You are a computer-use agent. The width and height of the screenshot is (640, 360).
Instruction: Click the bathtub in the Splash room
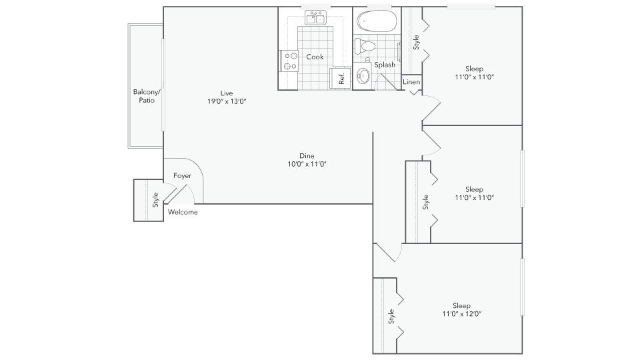(x=377, y=21)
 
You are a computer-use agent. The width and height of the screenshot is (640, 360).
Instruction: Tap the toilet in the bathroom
(x=365, y=46)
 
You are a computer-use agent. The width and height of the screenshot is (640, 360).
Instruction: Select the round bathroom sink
(x=363, y=75)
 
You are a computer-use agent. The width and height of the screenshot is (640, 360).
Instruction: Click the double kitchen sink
(x=316, y=17)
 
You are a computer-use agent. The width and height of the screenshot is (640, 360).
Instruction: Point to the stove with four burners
(x=289, y=61)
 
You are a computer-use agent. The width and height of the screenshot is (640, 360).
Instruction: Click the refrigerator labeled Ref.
(x=340, y=78)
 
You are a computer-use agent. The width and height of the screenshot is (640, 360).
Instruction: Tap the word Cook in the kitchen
(x=315, y=57)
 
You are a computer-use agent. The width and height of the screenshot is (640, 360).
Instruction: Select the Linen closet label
(x=411, y=81)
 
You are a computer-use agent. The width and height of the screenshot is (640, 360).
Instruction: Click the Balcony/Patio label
(x=147, y=96)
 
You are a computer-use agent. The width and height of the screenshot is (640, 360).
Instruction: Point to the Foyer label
(x=182, y=175)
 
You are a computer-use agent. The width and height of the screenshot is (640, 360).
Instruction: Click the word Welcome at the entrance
(x=183, y=212)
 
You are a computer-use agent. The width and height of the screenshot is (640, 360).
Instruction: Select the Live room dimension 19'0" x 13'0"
(x=227, y=101)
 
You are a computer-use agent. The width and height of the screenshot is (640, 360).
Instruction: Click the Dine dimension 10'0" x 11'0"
(x=307, y=164)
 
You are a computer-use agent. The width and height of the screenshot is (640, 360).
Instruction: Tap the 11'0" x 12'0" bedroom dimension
(x=461, y=314)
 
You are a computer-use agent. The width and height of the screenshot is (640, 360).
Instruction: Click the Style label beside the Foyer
(x=155, y=199)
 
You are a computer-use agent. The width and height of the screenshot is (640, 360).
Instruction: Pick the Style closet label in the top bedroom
(x=416, y=43)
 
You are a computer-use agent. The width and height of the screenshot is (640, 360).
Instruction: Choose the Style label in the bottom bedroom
(x=391, y=316)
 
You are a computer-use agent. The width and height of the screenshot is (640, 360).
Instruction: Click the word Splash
(x=385, y=65)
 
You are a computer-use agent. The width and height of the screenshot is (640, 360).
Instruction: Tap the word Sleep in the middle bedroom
(x=474, y=189)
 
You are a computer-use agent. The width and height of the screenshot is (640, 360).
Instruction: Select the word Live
(x=227, y=93)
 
